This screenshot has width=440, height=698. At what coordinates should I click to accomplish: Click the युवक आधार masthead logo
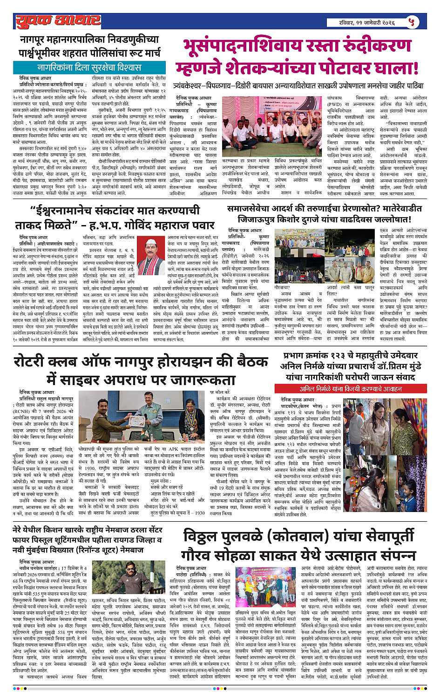pos(57,20)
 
